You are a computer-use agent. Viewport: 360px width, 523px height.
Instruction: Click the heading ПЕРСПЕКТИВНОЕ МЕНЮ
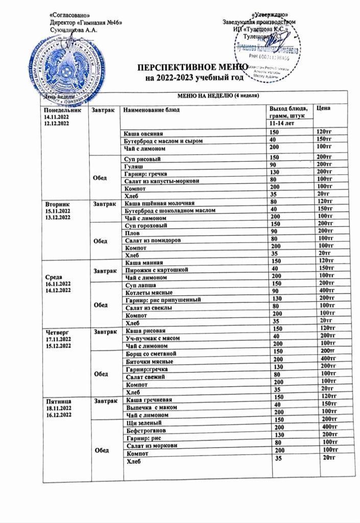coord(193,68)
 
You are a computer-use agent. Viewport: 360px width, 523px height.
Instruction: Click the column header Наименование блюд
coord(152,110)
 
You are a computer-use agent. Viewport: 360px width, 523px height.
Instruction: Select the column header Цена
coord(324,108)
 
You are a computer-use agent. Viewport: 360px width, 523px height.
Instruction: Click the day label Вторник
coord(56,203)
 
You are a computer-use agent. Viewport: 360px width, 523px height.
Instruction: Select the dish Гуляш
coord(134,165)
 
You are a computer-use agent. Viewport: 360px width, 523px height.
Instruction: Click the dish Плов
coord(132,232)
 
